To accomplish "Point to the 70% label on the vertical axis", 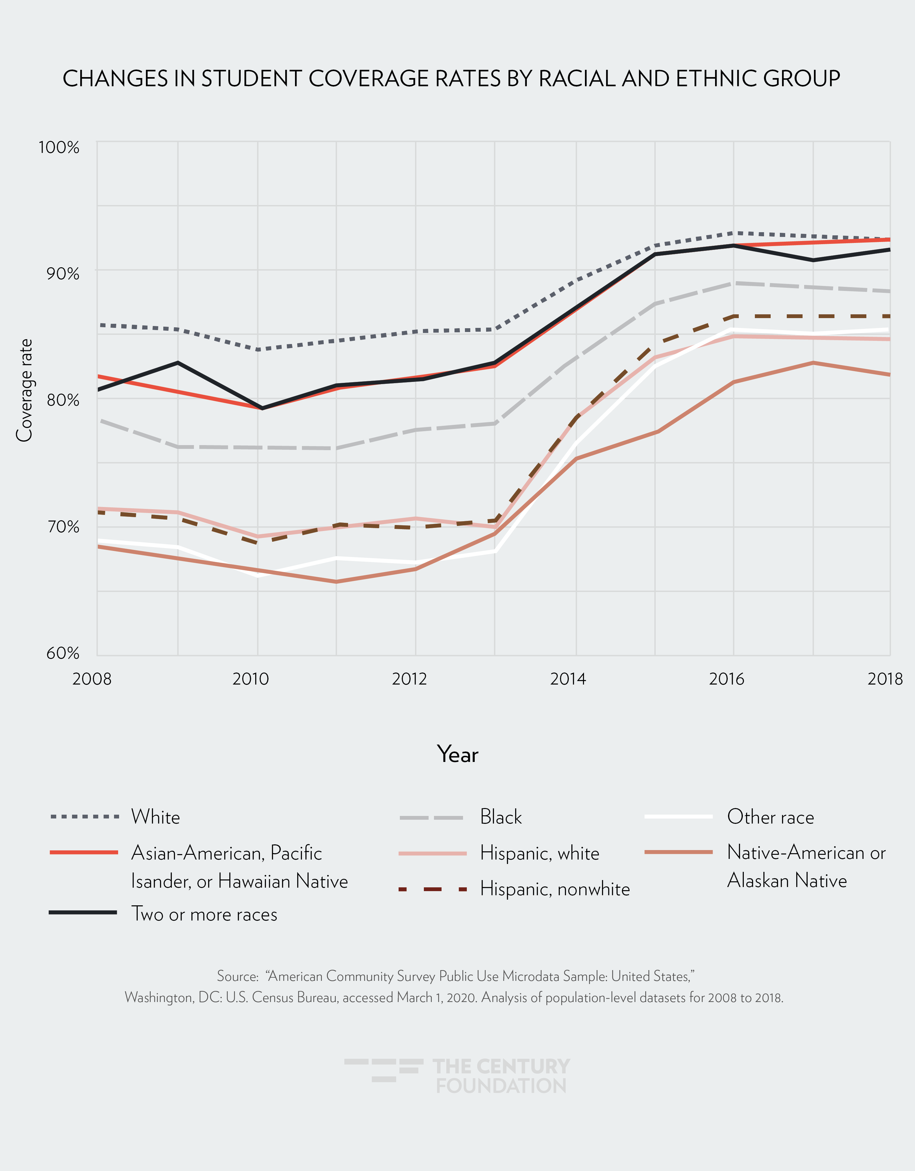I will [63, 527].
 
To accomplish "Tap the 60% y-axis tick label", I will [63, 653].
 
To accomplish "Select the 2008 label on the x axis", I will [92, 679].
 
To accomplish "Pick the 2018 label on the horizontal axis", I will [885, 679].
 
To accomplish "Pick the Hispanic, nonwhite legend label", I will [555, 889].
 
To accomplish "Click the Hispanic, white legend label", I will [539, 853].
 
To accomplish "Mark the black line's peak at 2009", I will [178, 363].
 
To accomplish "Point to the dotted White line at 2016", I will [733, 233].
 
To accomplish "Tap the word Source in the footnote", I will [238, 976].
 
